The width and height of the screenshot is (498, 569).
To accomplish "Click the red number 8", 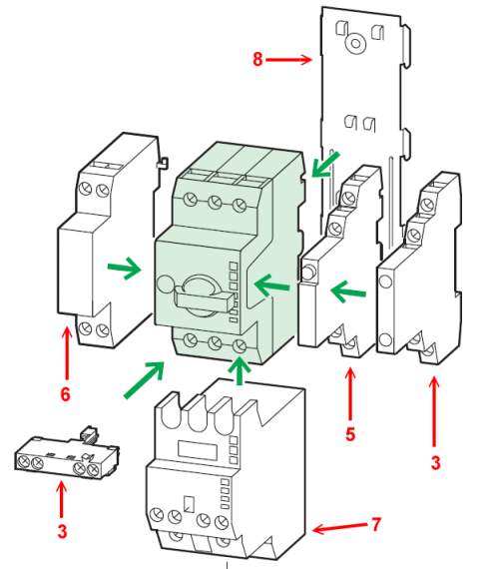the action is coord(257,59).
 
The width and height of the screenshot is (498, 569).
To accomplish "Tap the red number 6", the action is coord(65,394).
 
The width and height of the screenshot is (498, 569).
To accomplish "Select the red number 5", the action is coord(350,434).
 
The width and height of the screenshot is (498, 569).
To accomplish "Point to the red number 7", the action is coord(376,524).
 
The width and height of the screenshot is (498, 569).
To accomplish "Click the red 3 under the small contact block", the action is coord(63,532).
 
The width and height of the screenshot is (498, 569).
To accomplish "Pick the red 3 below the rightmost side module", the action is coord(435,463).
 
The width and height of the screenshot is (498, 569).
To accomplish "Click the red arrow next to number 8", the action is coord(288,59).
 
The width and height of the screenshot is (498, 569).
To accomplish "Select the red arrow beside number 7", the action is coord(340,527).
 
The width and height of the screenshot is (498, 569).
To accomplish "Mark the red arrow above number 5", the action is coord(350,394).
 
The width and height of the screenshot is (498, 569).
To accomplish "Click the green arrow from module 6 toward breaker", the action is coord(124,268).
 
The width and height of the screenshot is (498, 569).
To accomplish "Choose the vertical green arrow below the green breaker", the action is coord(240,370).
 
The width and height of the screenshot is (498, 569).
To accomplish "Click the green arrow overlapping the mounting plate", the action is coord(324,165).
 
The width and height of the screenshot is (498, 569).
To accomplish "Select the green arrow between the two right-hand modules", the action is coord(348,291).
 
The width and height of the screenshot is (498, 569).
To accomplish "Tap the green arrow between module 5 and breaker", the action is coord(272,284).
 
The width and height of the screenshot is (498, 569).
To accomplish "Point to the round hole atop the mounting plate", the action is coord(355,44).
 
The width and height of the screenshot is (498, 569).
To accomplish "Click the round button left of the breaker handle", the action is coord(166,284).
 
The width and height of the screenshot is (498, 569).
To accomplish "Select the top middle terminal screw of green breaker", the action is coord(215,203).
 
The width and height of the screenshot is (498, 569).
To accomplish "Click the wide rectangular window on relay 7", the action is coord(197,450).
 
